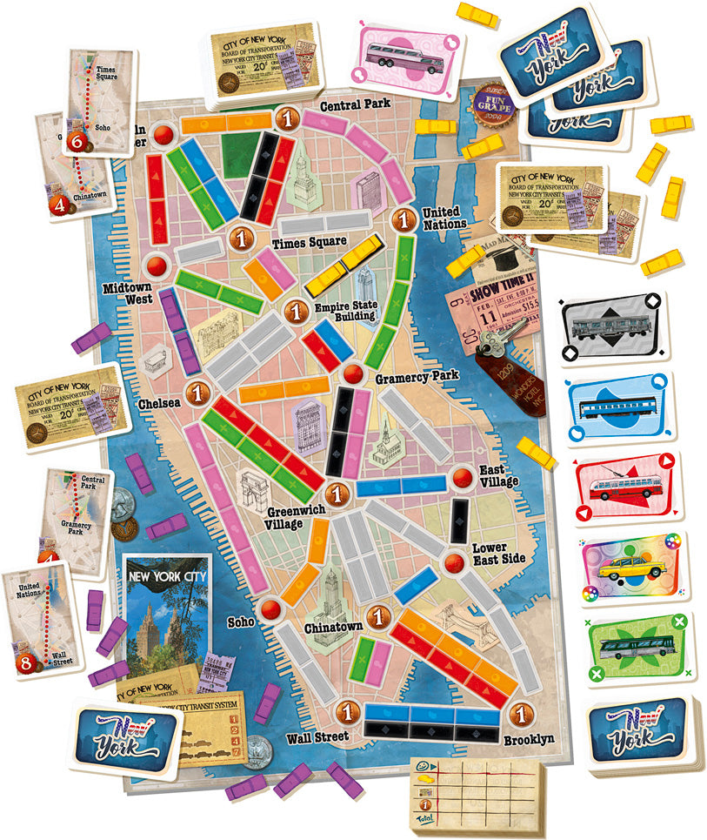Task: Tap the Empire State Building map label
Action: click(x=344, y=311)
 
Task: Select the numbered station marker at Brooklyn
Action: click(x=521, y=714)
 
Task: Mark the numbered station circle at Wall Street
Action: click(x=347, y=711)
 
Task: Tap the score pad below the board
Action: click(x=476, y=786)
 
